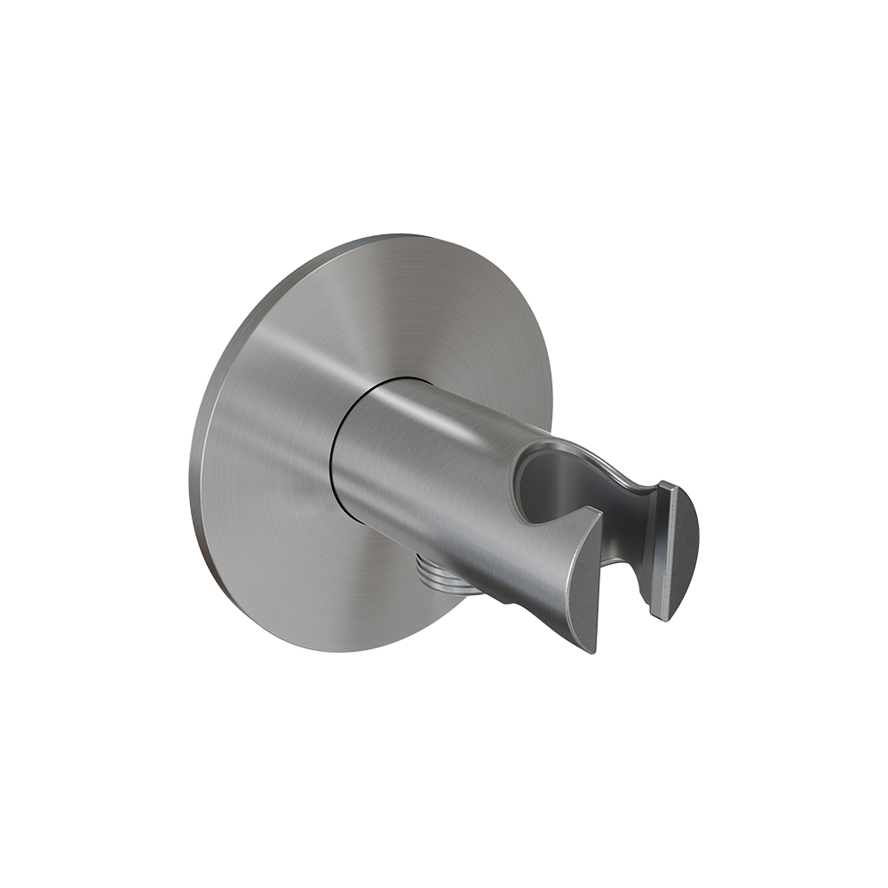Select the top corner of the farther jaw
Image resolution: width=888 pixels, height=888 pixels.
(x=668, y=485)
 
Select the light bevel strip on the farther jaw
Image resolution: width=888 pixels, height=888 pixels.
(x=668, y=551)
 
